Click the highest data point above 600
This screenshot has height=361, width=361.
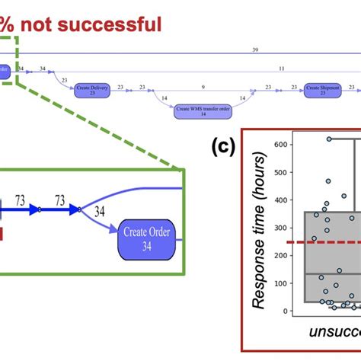pyautogui.click(x=329, y=139)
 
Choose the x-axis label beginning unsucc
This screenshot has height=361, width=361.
pyautogui.click(x=335, y=333)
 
